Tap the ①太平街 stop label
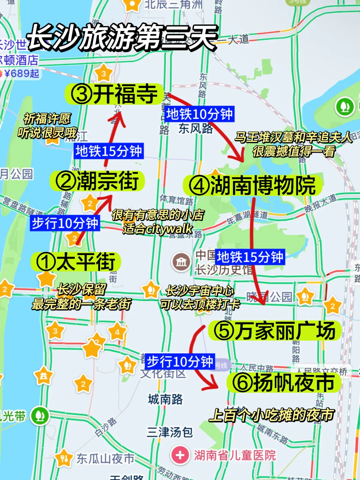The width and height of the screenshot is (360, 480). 76,262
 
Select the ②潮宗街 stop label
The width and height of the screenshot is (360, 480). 97,181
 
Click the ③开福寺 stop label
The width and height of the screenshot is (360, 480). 114,94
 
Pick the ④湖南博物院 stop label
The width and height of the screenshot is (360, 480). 252,186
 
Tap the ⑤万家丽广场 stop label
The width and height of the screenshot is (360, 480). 274,331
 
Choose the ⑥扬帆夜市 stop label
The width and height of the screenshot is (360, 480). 284,382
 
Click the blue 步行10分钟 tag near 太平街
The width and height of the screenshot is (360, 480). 65,223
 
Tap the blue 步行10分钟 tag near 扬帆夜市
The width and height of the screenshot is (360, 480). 180,361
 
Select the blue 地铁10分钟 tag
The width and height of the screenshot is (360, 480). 199,114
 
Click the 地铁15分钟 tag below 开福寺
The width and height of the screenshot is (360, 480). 109,151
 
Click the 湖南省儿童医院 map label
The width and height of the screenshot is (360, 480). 235,455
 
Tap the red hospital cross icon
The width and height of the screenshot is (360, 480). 180,455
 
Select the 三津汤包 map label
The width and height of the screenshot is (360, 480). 170,432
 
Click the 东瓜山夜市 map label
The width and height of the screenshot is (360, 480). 105,459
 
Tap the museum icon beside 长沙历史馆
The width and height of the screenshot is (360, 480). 181,262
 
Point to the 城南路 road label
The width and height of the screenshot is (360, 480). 165,399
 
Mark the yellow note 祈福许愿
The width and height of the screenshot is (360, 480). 47,118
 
